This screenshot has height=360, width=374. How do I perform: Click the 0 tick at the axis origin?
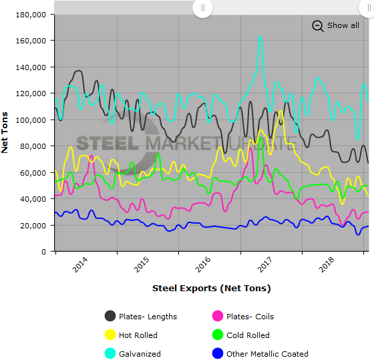(43, 252)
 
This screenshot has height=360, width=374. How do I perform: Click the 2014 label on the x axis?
(79, 264)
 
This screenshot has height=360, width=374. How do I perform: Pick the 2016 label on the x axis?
(203, 264)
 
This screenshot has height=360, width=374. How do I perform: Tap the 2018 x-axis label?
(327, 264)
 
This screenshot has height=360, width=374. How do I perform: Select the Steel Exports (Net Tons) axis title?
(211, 288)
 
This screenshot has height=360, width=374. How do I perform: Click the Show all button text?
(343, 25)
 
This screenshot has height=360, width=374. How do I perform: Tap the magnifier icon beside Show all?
(318, 25)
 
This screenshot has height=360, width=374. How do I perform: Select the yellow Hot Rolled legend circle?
(110, 335)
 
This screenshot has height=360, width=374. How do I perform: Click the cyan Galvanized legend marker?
(110, 354)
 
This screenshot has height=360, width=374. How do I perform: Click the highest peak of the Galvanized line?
(260, 36)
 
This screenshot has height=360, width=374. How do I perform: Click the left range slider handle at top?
(202, 7)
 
